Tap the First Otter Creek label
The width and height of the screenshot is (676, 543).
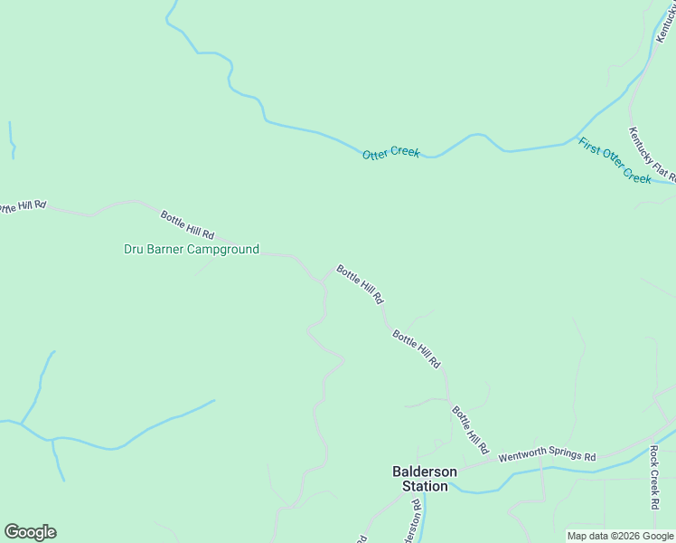[x=615, y=161]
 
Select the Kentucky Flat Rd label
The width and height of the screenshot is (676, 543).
[x=653, y=154]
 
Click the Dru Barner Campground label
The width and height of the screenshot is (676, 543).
[x=192, y=250]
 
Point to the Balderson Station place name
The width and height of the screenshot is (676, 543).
[x=425, y=479]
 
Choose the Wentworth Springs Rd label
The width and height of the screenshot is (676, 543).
[x=548, y=457]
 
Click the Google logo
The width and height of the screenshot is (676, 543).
[x=30, y=532]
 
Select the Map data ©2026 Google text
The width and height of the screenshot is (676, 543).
[x=620, y=536]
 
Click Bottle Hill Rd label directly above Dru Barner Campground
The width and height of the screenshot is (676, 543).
[x=187, y=224]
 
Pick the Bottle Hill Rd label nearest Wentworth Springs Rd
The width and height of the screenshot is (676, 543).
[x=470, y=430]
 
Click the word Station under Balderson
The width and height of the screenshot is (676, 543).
[x=425, y=487]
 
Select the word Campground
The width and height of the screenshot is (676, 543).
[x=224, y=250]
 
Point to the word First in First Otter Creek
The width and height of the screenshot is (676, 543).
[x=590, y=146]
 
